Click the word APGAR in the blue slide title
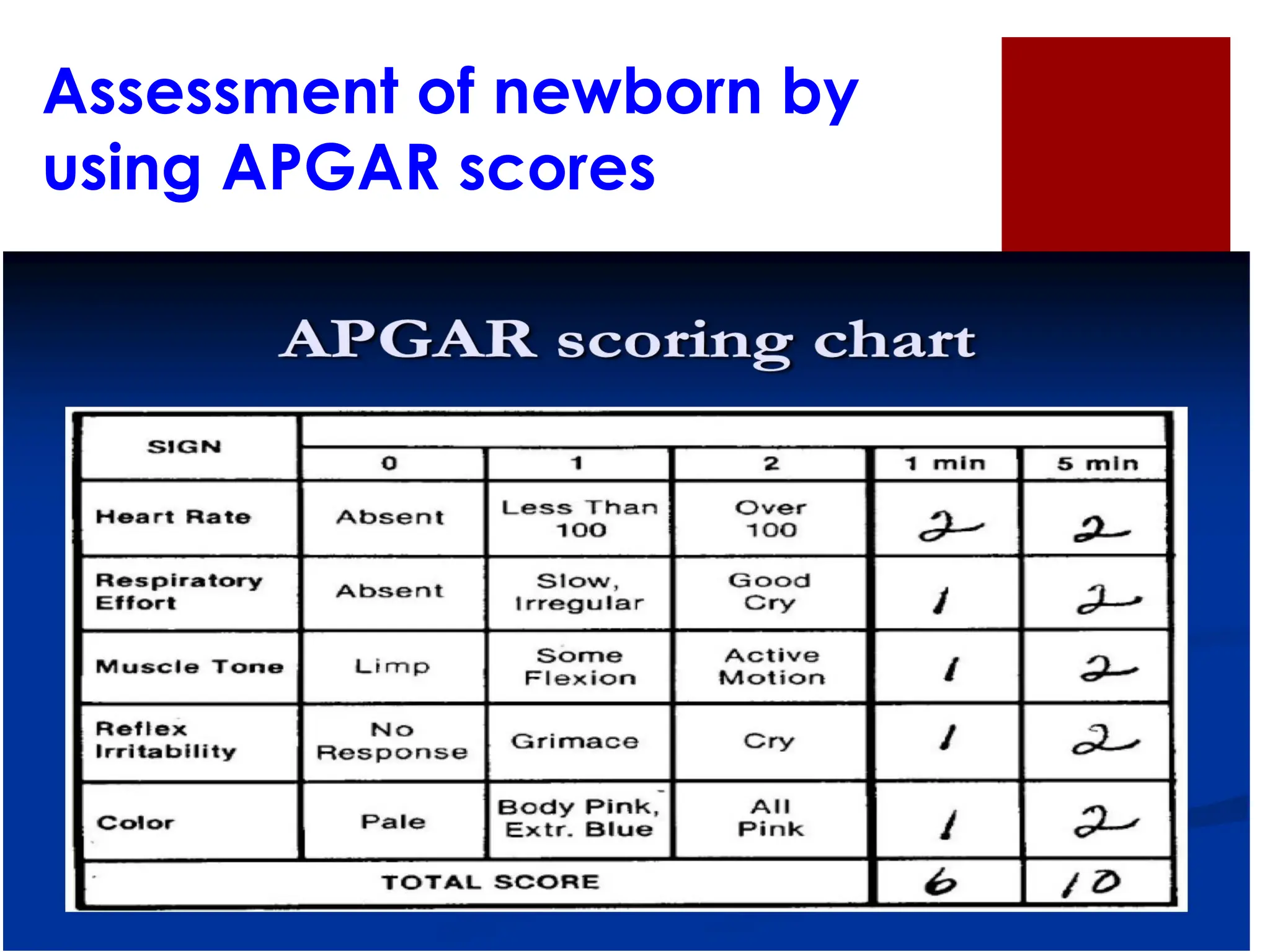(331, 168)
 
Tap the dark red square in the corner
(1115, 144)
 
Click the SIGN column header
(184, 447)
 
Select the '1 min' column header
(944, 464)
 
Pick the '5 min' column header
(1097, 464)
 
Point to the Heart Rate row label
(173, 517)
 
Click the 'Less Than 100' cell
(579, 519)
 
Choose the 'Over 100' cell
(771, 519)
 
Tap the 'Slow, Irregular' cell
(579, 592)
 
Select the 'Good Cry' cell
(770, 592)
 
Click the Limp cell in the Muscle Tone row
(392, 666)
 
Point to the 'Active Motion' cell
(772, 666)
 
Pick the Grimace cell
(575, 741)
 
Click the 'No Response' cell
(392, 741)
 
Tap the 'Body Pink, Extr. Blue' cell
(578, 818)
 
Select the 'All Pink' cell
(770, 818)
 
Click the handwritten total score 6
(941, 882)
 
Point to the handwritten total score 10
(1091, 883)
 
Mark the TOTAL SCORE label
(490, 882)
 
